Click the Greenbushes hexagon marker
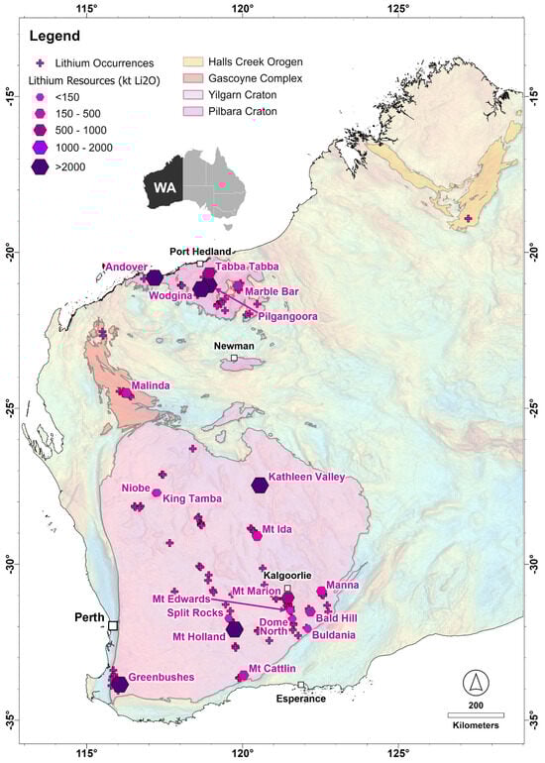(x=120, y=684)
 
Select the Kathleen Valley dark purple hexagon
(x=260, y=485)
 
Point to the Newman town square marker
(x=234, y=359)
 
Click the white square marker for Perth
(x=113, y=625)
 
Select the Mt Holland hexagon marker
(x=235, y=628)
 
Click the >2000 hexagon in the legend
(x=41, y=167)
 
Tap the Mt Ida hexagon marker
(x=257, y=536)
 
